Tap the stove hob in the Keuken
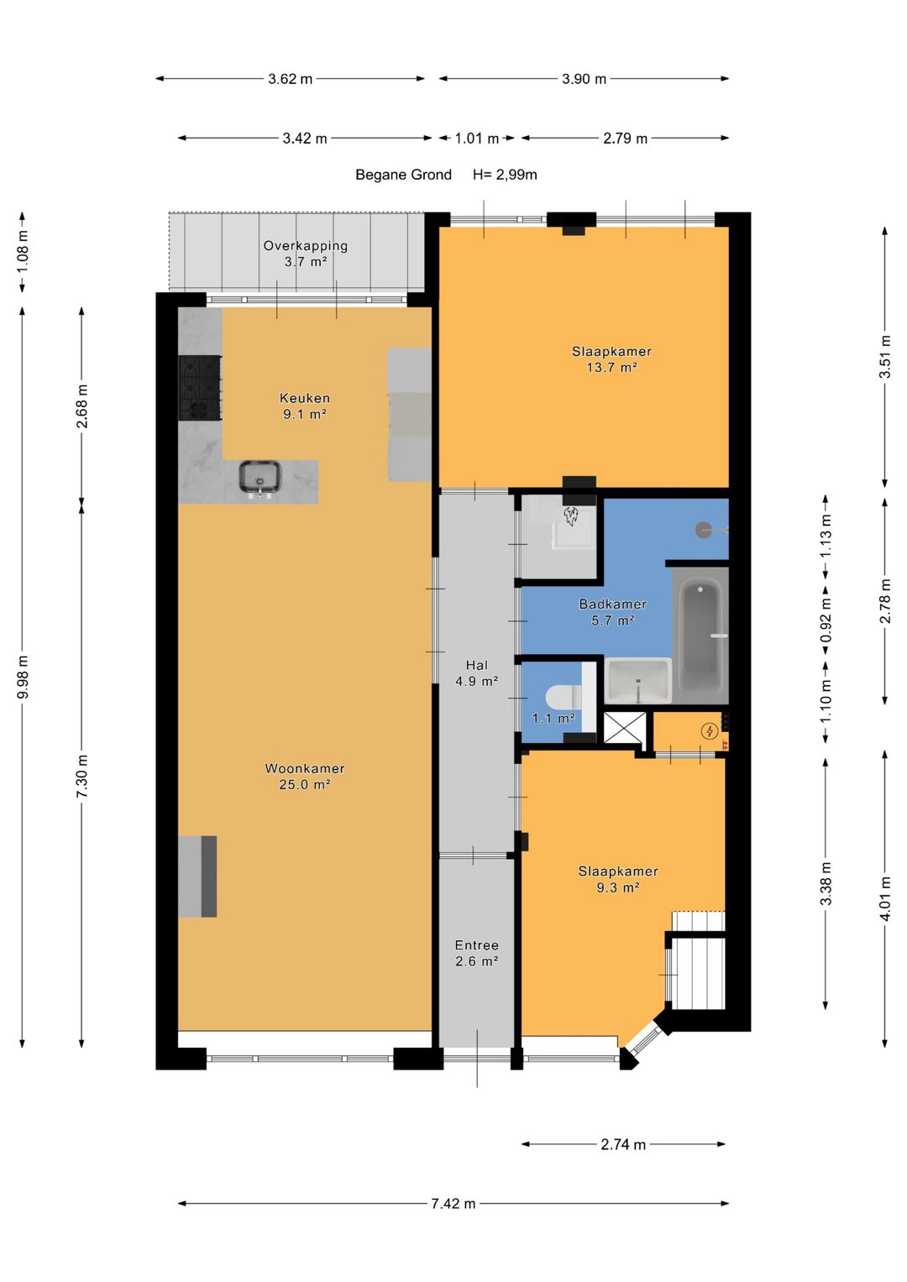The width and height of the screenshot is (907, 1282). pos(200,388)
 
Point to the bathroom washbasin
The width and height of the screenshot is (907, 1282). pos(638,680)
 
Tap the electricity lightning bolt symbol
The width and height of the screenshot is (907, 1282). pos(710,731)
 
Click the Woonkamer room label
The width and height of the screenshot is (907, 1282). pos(305,776)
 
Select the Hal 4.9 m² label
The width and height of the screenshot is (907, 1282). pos(476,673)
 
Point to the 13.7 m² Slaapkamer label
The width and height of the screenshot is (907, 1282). pos(611,359)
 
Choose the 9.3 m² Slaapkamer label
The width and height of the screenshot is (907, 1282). pos(618,879)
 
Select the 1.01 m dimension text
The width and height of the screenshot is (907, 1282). pos(476,139)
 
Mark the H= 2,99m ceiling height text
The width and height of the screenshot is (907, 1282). pos(505,175)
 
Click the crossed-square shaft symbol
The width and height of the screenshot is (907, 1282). pos(625,727)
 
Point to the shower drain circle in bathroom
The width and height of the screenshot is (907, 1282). pos(703,530)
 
